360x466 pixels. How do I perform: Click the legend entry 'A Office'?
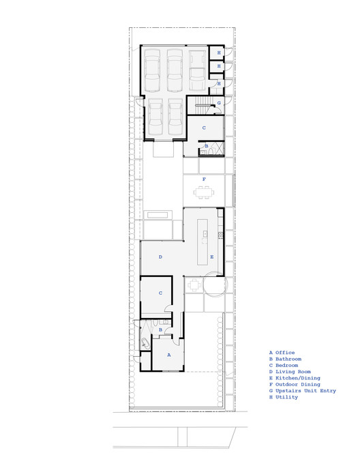pos(282,353)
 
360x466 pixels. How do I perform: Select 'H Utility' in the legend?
pos(284,397)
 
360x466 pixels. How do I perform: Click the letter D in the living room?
pos(160,257)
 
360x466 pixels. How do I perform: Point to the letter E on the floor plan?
pos(212,257)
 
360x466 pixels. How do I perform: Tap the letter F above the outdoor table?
pos(204,179)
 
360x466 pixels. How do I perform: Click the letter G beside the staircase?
pos(219,103)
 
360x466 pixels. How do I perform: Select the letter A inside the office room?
pos(168,355)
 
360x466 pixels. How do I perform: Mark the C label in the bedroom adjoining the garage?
pos(204,128)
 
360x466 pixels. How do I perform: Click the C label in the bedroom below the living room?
pos(160,293)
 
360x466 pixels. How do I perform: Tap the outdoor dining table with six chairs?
pos(204,192)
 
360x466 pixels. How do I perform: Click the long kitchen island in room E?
pos(203,242)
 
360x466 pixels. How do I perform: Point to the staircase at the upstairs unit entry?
pos(200,104)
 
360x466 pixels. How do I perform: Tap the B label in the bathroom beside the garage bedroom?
pos(206,147)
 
